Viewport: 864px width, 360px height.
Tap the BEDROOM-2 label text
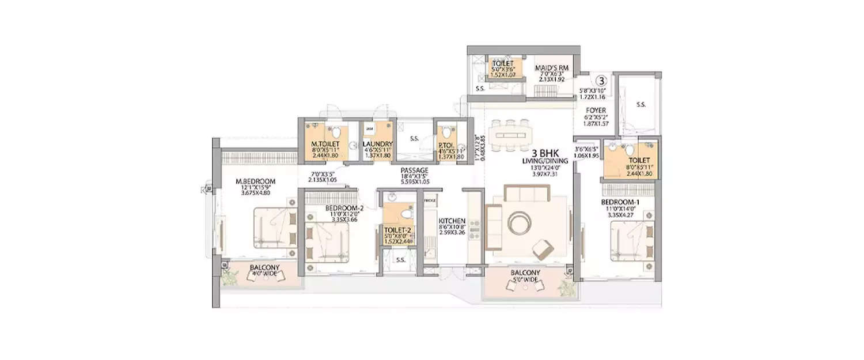pyautogui.click(x=328, y=208)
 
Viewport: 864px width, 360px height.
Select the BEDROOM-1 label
pyautogui.click(x=620, y=203)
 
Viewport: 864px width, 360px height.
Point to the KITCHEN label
pyautogui.click(x=452, y=221)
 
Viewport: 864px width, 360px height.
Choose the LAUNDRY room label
pyautogui.click(x=377, y=144)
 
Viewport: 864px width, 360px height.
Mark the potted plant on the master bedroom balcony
pyautogui.click(x=230, y=277)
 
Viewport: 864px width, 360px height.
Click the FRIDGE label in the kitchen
pyautogui.click(x=430, y=200)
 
